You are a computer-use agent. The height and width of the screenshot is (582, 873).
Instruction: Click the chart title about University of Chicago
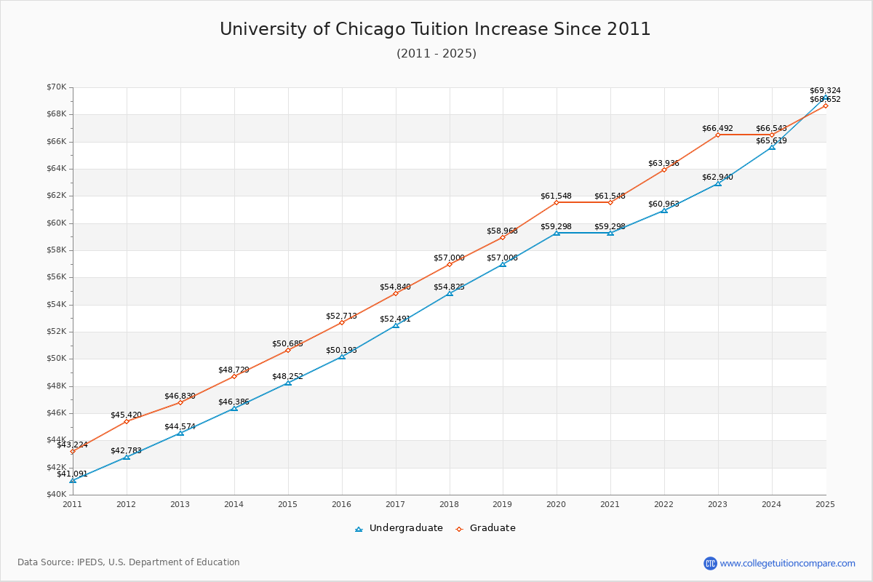tap(435, 29)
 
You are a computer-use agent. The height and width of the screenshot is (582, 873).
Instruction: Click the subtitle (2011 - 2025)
tap(436, 54)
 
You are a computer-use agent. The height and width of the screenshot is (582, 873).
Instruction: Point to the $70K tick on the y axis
tap(56, 87)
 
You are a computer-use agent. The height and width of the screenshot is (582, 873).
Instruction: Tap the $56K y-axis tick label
tap(56, 277)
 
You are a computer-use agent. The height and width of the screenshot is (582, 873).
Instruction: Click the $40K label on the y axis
tap(56, 495)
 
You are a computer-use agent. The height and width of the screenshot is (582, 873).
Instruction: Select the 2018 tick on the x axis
tap(449, 504)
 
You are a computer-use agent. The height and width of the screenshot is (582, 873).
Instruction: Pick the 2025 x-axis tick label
tap(825, 504)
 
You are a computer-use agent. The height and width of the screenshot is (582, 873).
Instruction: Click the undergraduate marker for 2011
tap(73, 480)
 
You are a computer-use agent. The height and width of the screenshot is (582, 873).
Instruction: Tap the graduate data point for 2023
tap(718, 135)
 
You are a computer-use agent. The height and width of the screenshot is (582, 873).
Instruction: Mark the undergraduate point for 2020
tap(557, 233)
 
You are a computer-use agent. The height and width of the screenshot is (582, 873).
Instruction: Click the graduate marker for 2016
tap(341, 322)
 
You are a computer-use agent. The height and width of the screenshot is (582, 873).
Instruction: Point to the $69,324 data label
tap(825, 91)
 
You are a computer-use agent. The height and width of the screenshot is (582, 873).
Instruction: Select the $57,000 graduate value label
tap(449, 258)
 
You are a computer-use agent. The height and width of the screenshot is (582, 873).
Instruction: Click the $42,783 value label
tap(126, 450)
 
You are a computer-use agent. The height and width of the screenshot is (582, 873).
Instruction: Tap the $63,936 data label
tap(663, 163)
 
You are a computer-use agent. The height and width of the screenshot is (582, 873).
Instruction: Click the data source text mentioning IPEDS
tap(129, 562)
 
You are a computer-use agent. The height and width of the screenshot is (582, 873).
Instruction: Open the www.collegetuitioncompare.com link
tap(787, 563)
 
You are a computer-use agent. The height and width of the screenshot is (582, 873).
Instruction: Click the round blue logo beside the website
tap(710, 563)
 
